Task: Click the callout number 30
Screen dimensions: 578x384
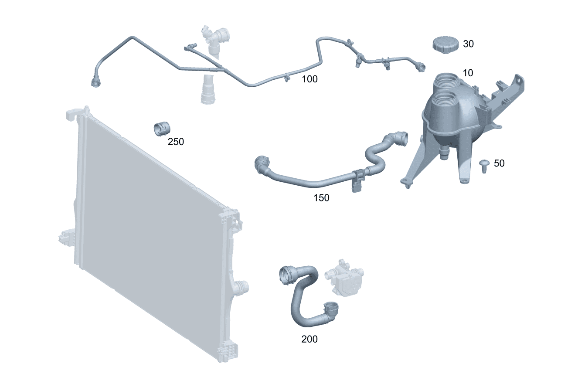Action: click(x=468, y=44)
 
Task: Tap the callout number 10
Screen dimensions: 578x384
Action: click(x=468, y=73)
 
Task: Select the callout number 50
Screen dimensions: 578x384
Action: click(x=499, y=163)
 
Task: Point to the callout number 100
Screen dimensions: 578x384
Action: click(x=309, y=79)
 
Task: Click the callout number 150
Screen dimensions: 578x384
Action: click(x=321, y=198)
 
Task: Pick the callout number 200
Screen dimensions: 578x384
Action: click(x=309, y=339)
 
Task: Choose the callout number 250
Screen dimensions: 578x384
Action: click(x=176, y=142)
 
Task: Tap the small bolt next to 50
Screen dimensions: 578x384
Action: click(x=484, y=167)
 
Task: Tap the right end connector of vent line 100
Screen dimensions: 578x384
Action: click(x=421, y=68)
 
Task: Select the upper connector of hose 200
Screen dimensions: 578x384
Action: click(x=287, y=276)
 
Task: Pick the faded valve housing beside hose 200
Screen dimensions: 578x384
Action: click(x=344, y=278)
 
